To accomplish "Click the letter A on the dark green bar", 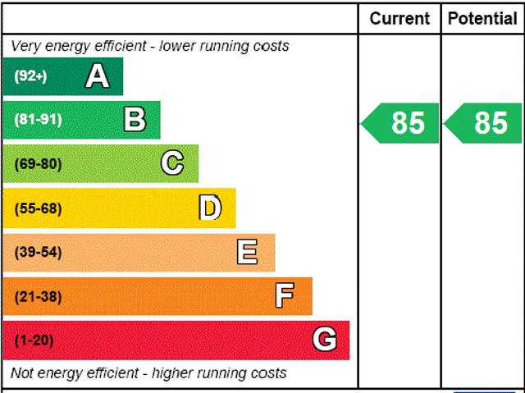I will pos(97,76).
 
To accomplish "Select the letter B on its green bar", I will pos(135,120).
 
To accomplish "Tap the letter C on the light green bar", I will pos(172,163).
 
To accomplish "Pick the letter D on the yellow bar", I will pos(210,208).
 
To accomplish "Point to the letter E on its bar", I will pos(247,252).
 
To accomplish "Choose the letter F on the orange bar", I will pos(285,296).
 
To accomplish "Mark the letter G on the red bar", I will pos(325,340).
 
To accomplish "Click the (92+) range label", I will pos(30,76).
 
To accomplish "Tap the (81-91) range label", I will pos(38,120).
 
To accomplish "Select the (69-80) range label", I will pos(38,164).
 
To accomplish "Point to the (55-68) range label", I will pos(38,208).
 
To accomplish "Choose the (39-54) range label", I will pos(38,252).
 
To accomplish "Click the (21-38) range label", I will pos(38,296).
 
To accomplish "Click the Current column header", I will pos(399,18).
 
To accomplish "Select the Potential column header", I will pos(482,18).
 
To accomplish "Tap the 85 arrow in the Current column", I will pos(402,122).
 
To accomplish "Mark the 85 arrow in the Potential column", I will pos(484,122).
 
